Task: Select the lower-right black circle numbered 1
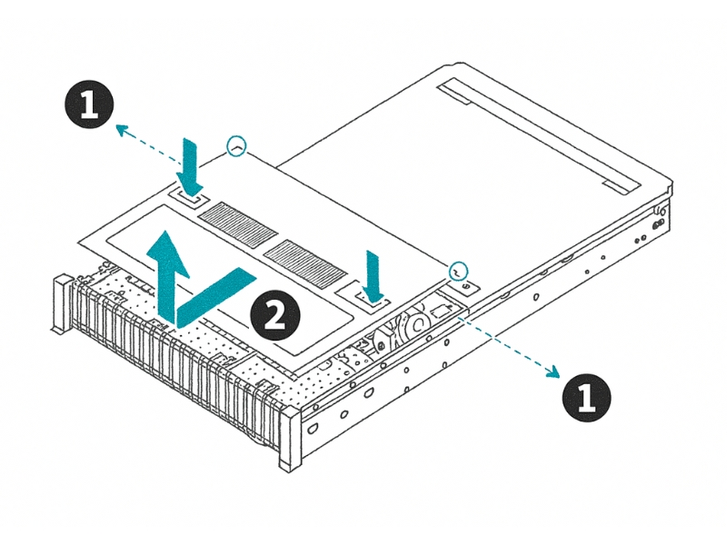click(586, 397)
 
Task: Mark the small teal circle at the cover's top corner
click(237, 145)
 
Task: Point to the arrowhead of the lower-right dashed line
click(551, 371)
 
